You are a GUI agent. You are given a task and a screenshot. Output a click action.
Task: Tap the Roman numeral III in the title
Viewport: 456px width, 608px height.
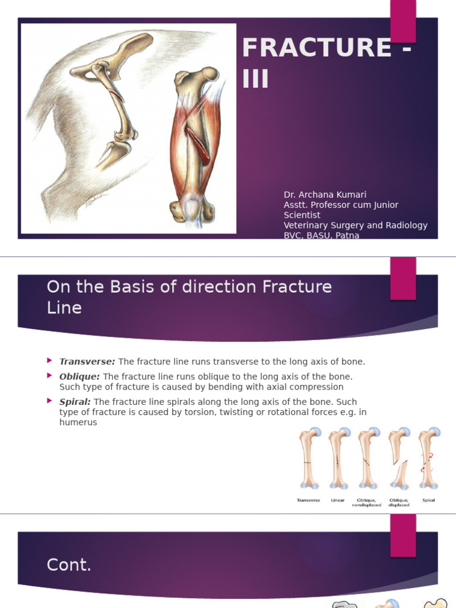coord(256,78)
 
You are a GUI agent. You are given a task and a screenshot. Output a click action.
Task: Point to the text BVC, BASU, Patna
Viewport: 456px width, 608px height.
coord(321,235)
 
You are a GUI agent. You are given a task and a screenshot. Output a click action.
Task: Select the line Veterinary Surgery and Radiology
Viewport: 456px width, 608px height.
coord(355,225)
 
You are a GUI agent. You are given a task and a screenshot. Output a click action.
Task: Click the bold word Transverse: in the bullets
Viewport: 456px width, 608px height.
coord(87,362)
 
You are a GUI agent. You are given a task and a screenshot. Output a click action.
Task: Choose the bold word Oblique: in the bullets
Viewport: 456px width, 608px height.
coord(80,376)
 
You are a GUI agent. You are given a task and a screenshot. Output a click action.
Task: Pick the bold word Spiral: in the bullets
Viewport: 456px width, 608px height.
coord(75,402)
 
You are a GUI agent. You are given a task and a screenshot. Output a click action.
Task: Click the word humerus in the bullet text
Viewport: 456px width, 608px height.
coord(78,422)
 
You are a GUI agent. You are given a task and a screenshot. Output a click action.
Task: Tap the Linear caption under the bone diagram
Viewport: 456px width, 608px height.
coord(338,501)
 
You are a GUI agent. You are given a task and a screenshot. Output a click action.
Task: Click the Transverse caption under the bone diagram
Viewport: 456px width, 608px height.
coord(308,501)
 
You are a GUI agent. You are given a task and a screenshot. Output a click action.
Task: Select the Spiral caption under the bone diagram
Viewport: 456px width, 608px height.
coord(428,501)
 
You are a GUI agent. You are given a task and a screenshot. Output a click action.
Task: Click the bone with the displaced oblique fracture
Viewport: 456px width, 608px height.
coord(398,460)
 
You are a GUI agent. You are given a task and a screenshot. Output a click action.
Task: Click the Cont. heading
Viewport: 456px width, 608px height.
coord(69,565)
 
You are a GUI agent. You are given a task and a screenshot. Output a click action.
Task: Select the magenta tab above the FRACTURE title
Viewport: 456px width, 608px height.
coord(403,18)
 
